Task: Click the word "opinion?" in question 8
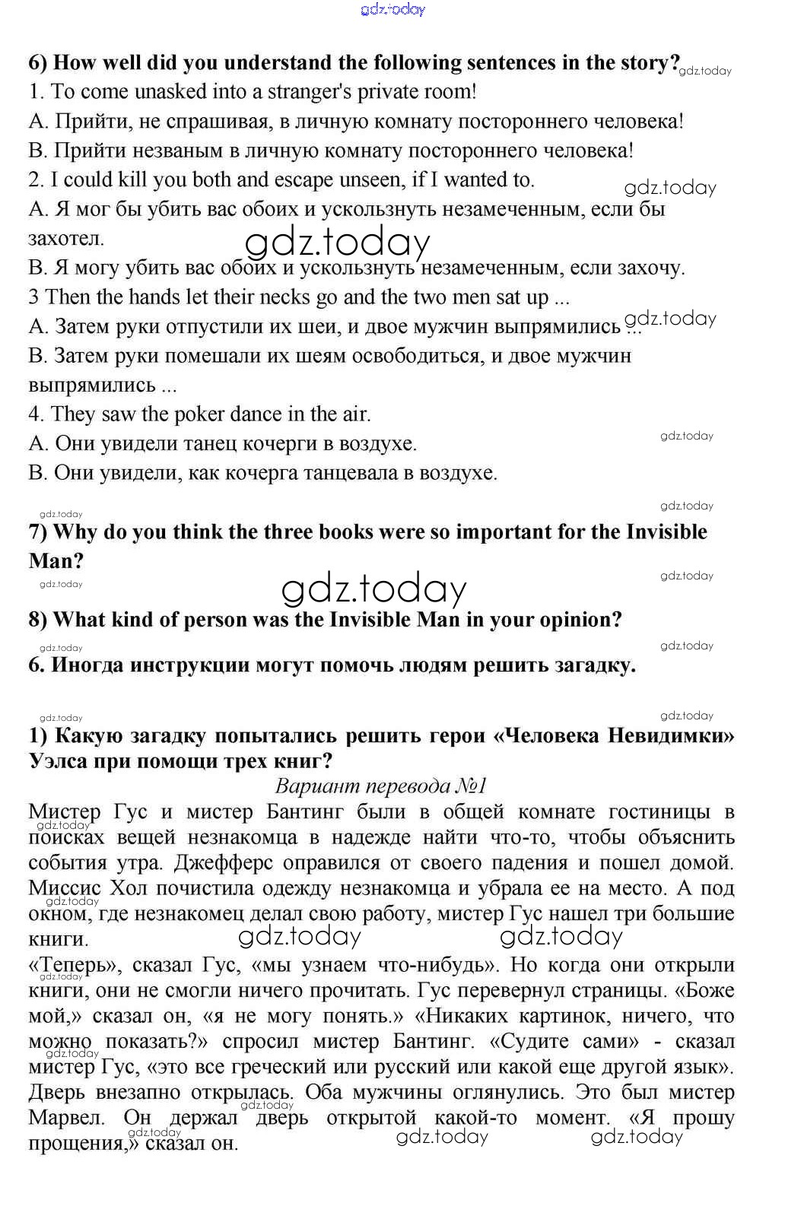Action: tap(580, 620)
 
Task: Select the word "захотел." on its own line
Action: tap(66, 239)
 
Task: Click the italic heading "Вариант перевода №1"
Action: tap(381, 786)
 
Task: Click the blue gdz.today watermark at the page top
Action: tap(392, 10)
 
